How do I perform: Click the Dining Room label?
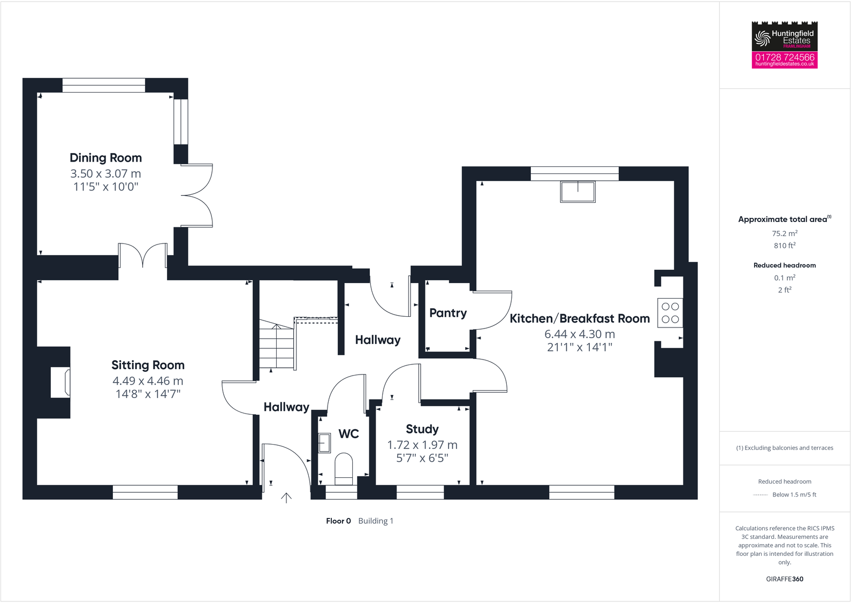coord(105,158)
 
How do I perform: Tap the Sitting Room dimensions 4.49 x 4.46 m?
coord(148,381)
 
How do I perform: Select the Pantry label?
coord(447,313)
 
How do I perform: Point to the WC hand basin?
coord(324,442)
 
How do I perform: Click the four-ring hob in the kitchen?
coord(670,313)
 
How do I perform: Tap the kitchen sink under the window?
coord(578,192)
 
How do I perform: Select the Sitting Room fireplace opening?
coord(60,382)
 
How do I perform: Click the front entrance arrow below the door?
coord(286,498)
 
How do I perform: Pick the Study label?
coord(422,429)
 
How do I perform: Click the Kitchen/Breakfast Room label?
coord(579,319)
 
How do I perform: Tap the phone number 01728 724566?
coord(785,57)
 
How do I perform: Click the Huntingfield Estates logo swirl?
coord(762,38)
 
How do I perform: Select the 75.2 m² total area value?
coord(785,233)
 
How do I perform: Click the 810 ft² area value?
coord(785,246)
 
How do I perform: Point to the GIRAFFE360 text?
coord(785,579)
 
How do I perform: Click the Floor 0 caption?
coord(338,521)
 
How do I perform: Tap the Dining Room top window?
coord(104,85)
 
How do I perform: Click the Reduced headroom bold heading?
coord(785,265)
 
